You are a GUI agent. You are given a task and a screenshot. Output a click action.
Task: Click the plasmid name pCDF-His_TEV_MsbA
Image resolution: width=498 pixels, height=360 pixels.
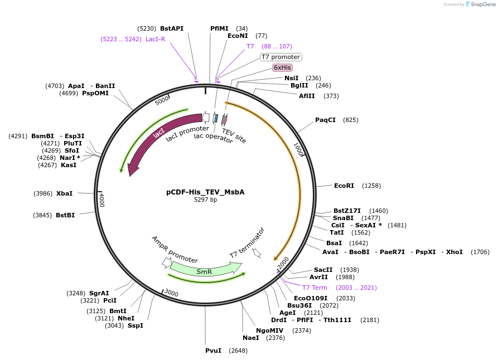pos(205,192)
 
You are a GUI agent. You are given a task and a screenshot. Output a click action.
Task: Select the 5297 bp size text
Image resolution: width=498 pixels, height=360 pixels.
pos(205,200)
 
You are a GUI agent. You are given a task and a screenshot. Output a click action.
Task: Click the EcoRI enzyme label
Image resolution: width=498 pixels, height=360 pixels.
pos(344,186)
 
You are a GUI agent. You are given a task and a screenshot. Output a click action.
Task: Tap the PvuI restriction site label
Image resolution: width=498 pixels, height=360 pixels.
pos(213,351)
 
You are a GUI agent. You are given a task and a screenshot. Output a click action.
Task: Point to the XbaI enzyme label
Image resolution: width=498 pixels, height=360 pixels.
pos(64,193)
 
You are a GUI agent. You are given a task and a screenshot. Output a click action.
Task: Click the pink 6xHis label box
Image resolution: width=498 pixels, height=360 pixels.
pos(282,67)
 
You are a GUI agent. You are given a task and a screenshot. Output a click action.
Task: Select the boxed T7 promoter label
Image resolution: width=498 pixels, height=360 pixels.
pos(281,57)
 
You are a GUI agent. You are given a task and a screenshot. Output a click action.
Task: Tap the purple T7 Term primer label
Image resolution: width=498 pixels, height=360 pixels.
pos(315,288)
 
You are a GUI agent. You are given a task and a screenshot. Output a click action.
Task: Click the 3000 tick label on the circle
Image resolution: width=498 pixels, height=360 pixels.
pos(171,293)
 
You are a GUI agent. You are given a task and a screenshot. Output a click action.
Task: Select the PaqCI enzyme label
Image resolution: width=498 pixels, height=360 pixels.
pos(325,120)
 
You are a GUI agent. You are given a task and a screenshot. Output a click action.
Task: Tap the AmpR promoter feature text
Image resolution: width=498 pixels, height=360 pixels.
pos(175,249)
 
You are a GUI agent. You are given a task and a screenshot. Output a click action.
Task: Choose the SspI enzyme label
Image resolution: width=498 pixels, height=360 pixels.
pos(136,325)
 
